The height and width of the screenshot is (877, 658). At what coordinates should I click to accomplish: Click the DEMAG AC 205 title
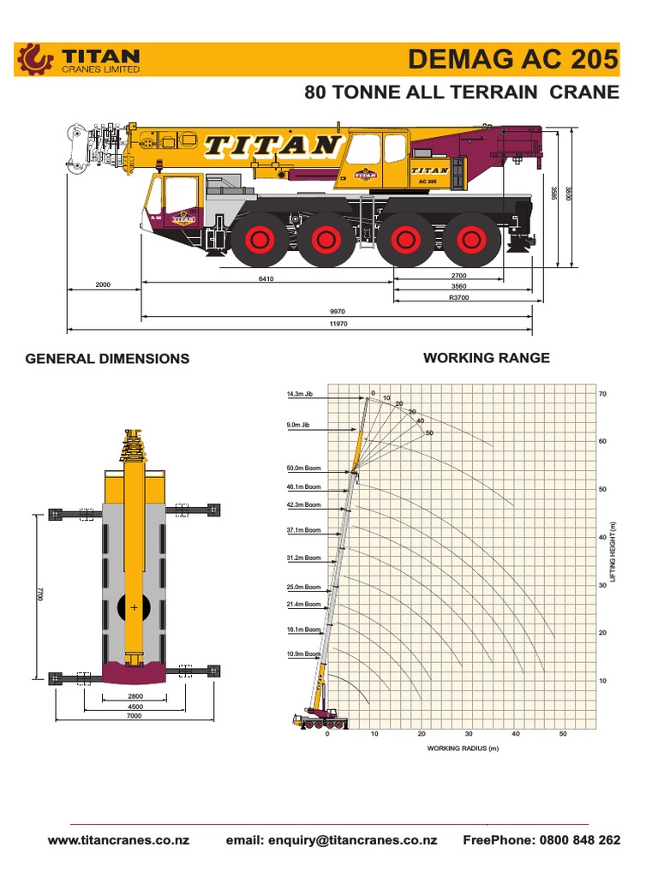[512, 59]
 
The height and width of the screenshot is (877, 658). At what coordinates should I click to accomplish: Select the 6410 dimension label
[266, 279]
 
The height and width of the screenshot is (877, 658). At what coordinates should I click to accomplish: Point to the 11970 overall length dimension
[338, 325]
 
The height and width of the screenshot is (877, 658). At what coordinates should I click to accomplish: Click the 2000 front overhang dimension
[104, 283]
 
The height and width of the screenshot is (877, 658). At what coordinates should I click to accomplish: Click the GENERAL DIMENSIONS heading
[107, 359]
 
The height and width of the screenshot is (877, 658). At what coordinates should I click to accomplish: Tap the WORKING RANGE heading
[487, 358]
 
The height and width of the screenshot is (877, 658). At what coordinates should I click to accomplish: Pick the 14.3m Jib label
[300, 395]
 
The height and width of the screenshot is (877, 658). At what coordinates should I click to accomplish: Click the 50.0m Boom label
[303, 468]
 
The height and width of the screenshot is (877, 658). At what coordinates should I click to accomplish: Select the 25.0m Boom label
[303, 588]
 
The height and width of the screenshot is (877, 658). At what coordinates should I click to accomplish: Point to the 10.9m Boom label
[303, 653]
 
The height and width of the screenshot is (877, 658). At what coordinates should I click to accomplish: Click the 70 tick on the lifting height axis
[602, 394]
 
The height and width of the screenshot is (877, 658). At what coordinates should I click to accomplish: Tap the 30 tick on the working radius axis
[469, 734]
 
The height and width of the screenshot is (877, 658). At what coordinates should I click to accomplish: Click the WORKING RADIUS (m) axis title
[463, 749]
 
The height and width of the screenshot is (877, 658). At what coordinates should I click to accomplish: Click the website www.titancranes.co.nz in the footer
[118, 840]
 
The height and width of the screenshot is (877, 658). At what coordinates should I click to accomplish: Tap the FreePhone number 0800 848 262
[541, 840]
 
